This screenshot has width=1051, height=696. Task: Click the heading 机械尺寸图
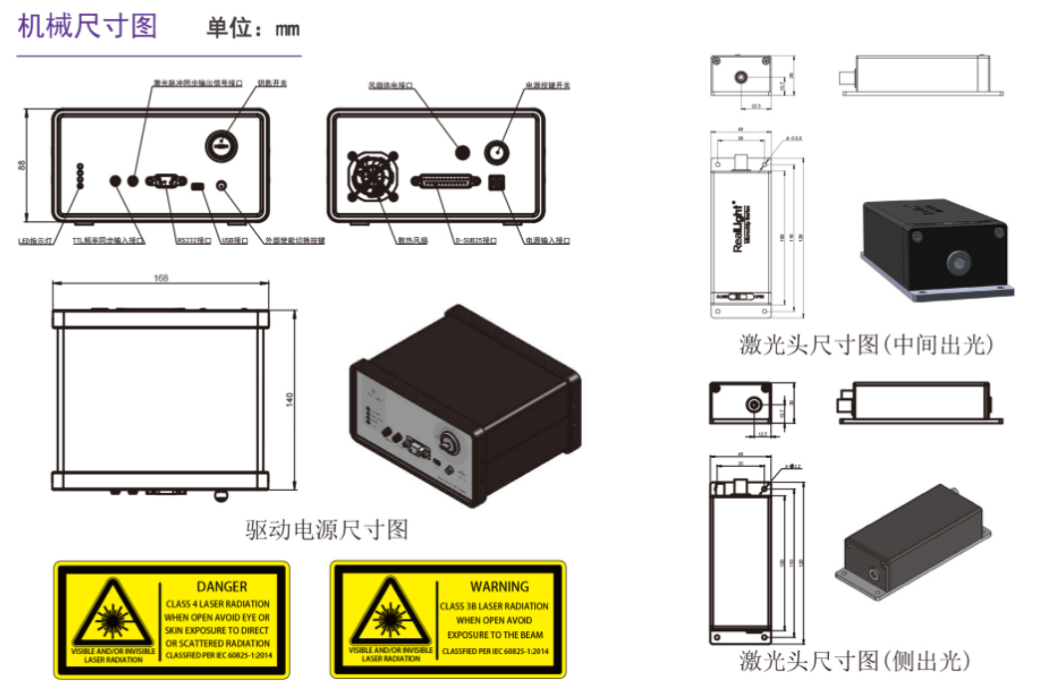pos(88,25)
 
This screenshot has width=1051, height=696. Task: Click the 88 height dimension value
pos(22,165)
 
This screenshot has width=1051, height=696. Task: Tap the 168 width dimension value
pos(160,278)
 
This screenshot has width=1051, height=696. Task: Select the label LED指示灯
pos(39,240)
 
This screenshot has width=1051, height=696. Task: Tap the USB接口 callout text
pos(235,240)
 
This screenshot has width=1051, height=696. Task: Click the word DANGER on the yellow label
pos(221,586)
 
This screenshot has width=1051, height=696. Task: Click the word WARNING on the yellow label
pos(499,586)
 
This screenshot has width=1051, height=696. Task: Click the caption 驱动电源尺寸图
pos(327,530)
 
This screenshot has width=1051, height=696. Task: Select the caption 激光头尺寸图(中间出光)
pos(866,346)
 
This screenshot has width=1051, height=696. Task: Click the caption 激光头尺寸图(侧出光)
pos(854,660)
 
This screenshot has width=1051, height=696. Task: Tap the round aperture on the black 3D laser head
pos(957,262)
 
